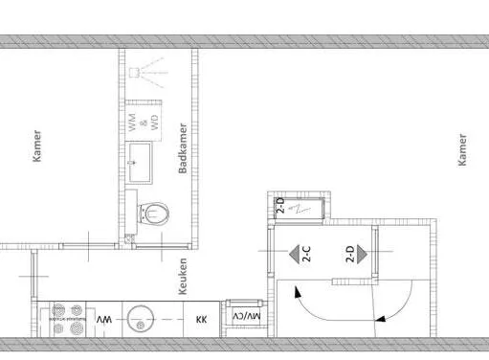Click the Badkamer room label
(x=183, y=148)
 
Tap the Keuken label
(x=183, y=277)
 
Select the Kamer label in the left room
(x=37, y=146)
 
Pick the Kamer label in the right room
(x=462, y=150)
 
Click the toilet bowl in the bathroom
(x=153, y=214)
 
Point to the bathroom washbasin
(x=140, y=163)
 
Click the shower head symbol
(x=135, y=73)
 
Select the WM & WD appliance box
(x=144, y=123)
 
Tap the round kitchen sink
(x=141, y=319)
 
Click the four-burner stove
(x=68, y=319)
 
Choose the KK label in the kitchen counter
(x=202, y=319)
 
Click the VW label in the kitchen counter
(x=104, y=319)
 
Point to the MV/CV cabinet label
(x=247, y=316)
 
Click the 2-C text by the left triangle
(x=306, y=254)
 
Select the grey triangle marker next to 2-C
(x=294, y=254)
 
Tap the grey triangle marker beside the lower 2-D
(x=362, y=254)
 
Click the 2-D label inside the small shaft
(x=280, y=205)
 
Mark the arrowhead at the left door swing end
(x=298, y=292)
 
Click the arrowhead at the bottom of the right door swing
(x=380, y=318)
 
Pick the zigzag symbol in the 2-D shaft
(x=299, y=209)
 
